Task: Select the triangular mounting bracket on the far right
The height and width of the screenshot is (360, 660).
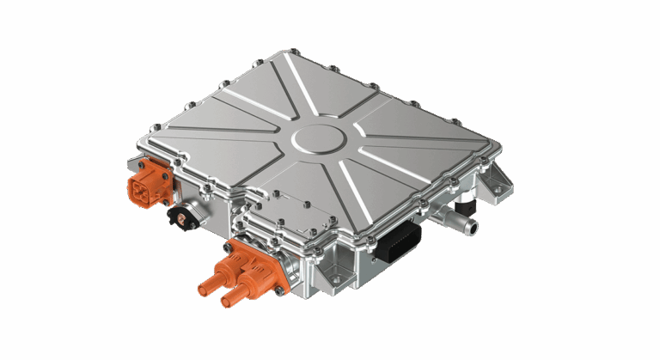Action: coord(496,181)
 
